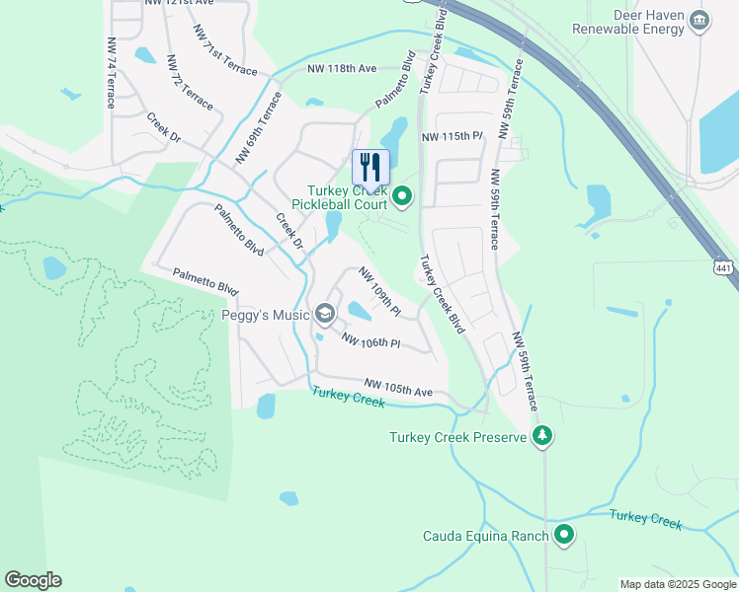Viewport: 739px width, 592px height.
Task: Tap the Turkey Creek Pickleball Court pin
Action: [x=402, y=197]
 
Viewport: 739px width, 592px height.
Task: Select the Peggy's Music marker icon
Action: [x=324, y=315]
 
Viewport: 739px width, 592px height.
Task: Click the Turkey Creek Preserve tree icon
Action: [x=541, y=436]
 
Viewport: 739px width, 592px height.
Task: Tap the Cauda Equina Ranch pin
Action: [x=564, y=535]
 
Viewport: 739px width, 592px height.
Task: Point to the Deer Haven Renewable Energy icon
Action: [x=699, y=20]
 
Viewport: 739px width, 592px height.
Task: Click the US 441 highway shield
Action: [x=724, y=268]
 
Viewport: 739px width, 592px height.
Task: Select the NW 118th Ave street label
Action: [x=342, y=69]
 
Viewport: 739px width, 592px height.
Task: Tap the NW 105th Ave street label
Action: [x=398, y=388]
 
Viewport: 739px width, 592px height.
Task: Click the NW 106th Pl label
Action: [x=370, y=341]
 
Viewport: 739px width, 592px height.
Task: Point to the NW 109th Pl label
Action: [x=379, y=292]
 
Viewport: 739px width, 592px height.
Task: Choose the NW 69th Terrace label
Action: [x=259, y=128]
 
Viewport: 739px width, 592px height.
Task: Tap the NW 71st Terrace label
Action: [x=226, y=55]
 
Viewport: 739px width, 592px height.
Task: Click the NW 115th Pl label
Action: [x=452, y=136]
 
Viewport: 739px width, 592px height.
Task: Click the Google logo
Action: [x=33, y=580]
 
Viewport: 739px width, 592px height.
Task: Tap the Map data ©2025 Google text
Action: [x=677, y=584]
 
